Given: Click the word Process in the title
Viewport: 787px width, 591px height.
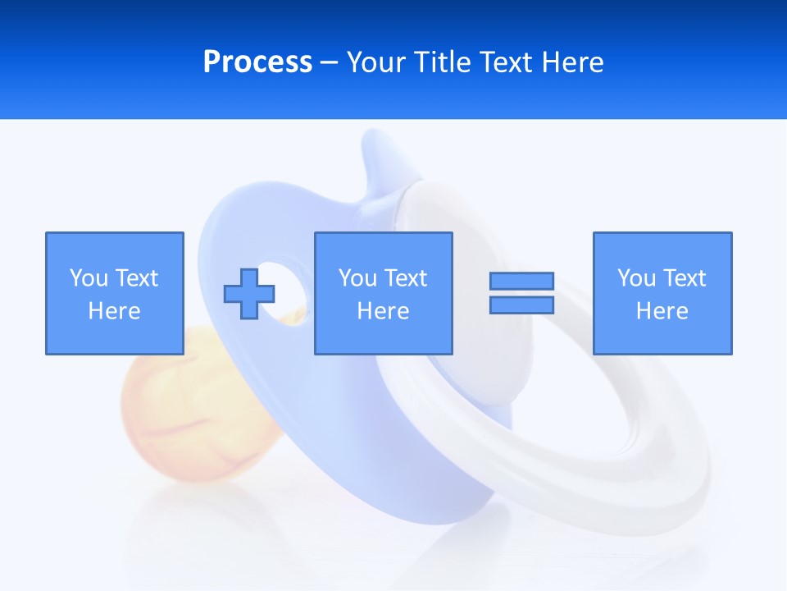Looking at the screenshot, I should coord(257,62).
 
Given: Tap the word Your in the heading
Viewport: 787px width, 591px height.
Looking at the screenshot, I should coord(375,62).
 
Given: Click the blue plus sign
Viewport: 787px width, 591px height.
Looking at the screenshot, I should coord(249,293).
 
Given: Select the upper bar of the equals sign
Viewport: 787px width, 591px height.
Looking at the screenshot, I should coord(521,281).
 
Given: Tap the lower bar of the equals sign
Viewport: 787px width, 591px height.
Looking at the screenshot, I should coord(521,305).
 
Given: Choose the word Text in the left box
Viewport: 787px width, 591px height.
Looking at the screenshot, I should coord(135,278).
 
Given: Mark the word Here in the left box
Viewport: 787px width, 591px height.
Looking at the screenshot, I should coord(114,311).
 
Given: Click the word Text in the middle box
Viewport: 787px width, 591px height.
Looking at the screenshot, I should coord(404,278).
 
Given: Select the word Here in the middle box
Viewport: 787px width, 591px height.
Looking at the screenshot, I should coord(383,311).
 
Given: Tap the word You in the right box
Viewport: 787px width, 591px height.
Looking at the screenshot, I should coord(637,278).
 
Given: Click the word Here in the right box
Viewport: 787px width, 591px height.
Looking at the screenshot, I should coord(662,311).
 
